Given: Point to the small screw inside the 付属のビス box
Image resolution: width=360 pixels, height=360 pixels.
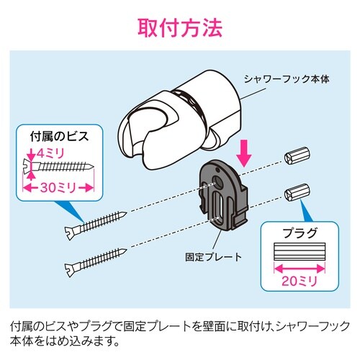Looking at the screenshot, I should click(61, 165).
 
